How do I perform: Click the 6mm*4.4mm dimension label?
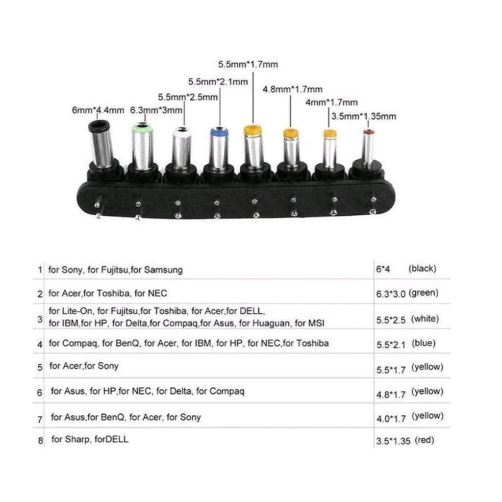(98, 110)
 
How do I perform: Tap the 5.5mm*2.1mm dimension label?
(218, 81)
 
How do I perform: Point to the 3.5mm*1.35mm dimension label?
(364, 116)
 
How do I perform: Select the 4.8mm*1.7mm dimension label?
(292, 89)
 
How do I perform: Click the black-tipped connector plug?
(102, 145)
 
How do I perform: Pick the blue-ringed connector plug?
(217, 147)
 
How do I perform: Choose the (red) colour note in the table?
(424, 440)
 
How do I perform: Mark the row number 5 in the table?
(40, 367)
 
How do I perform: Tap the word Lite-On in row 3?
(76, 311)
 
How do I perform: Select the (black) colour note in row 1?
(422, 269)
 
